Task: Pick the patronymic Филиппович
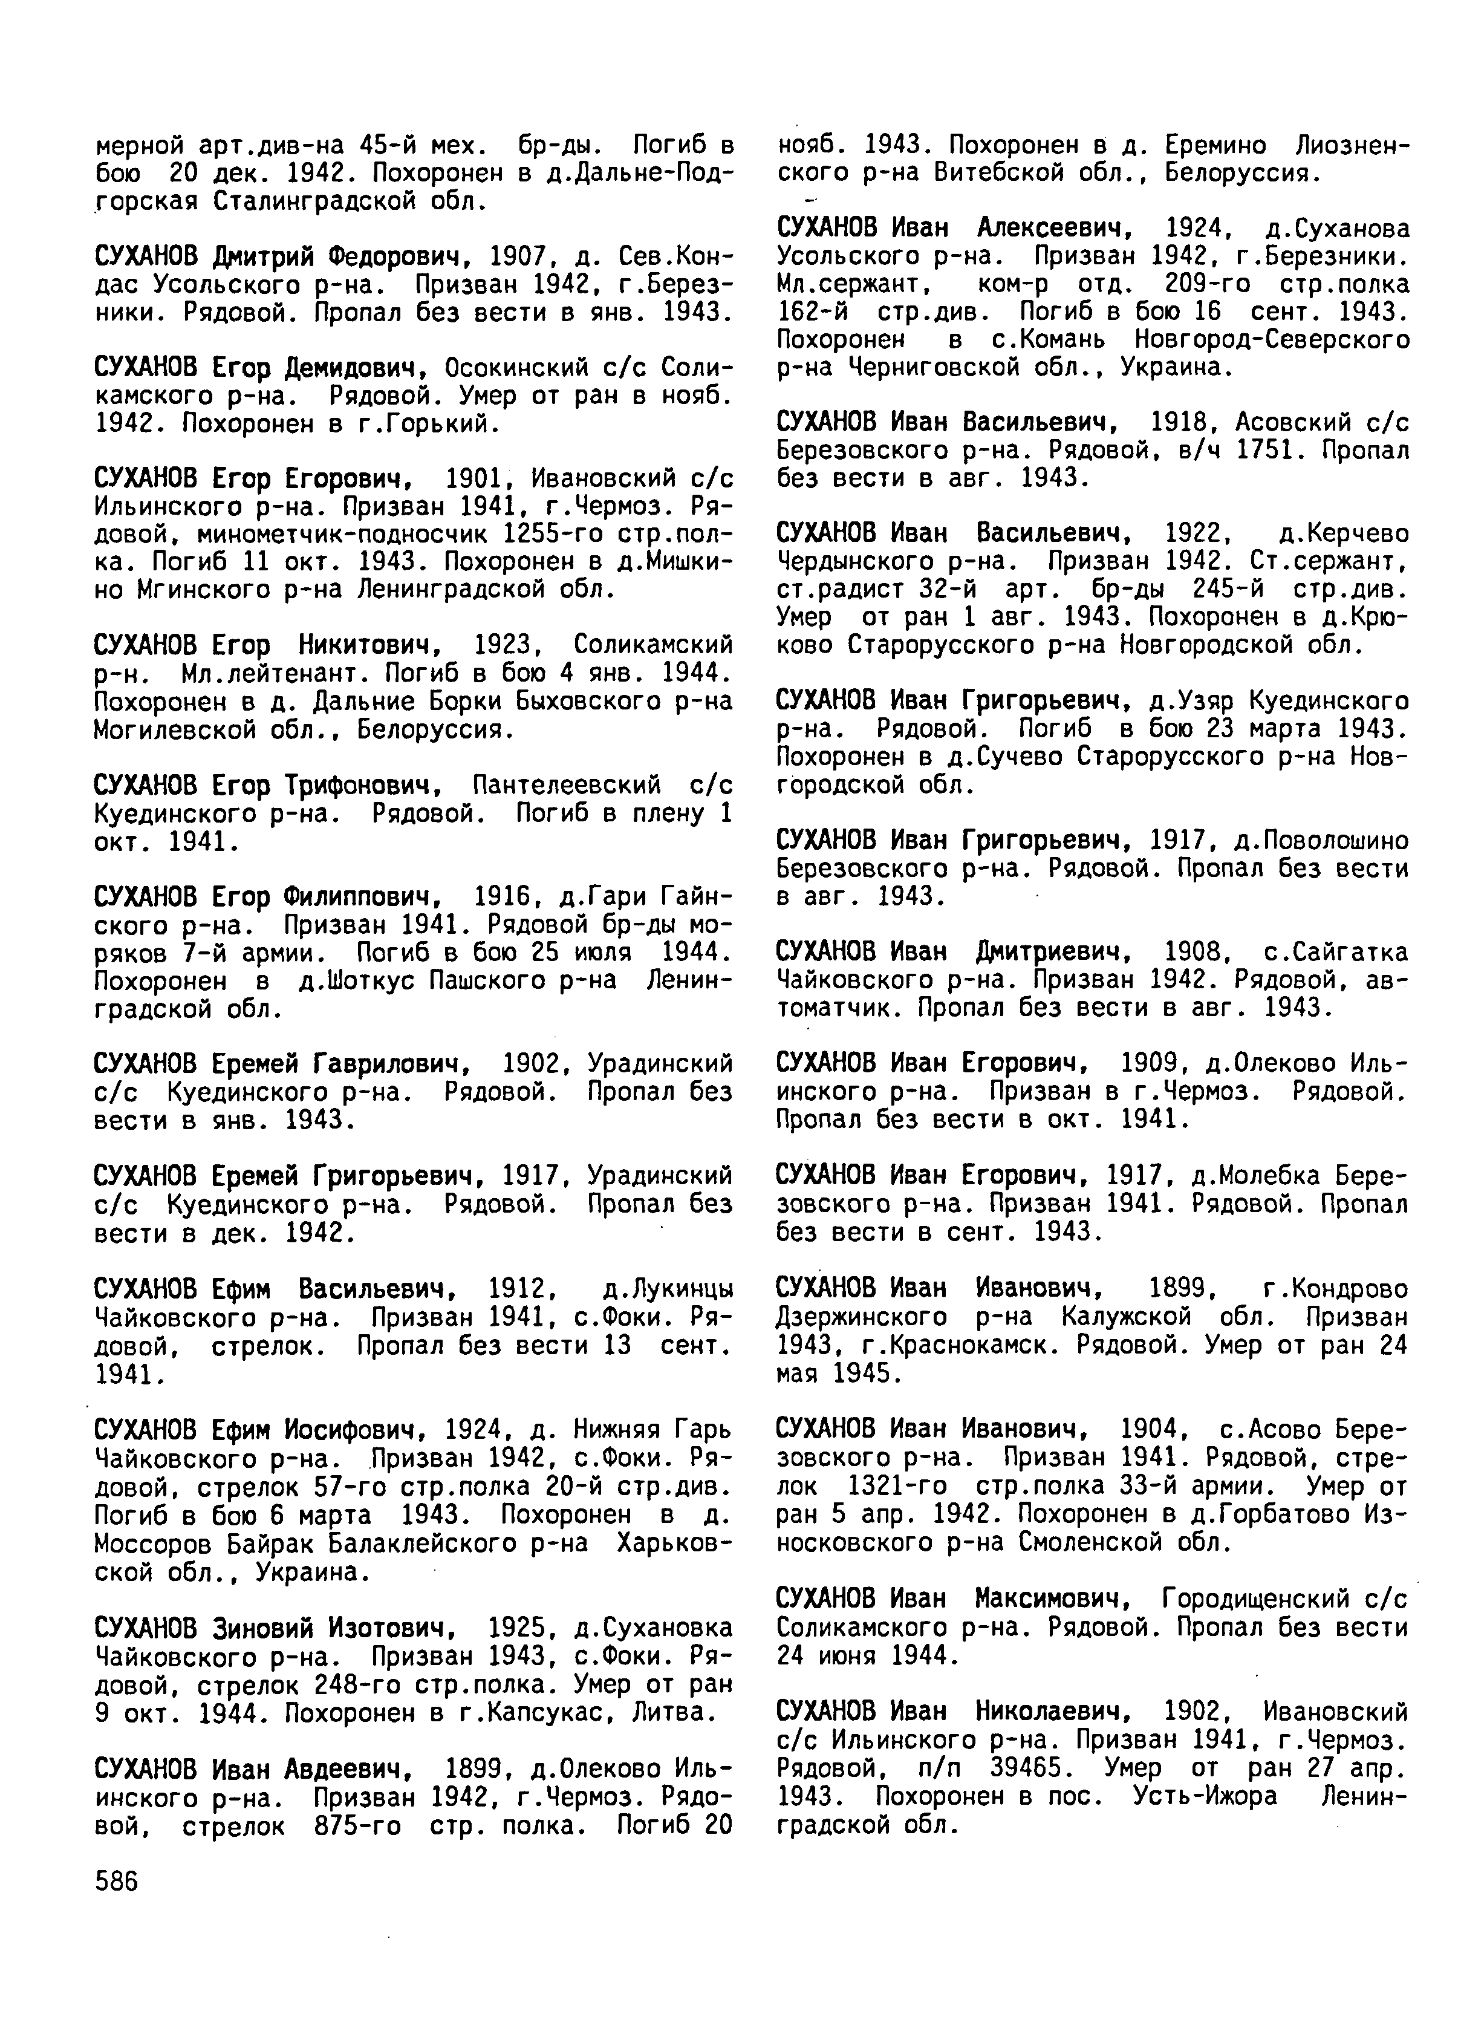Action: pyautogui.click(x=362, y=898)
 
